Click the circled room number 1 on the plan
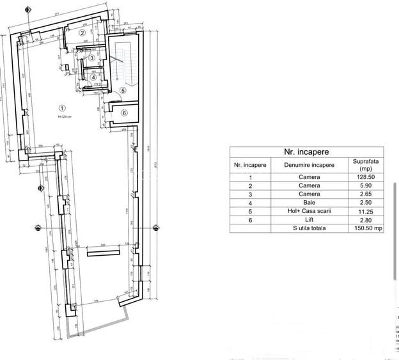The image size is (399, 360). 62,108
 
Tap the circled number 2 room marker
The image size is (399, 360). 82,33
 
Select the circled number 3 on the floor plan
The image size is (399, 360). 92,58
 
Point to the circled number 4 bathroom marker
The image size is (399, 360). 93,78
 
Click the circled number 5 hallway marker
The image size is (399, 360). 123,91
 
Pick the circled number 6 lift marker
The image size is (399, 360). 124,113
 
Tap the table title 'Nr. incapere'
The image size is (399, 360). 306,152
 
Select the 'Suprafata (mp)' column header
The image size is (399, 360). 365,165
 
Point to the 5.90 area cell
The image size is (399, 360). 365,187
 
